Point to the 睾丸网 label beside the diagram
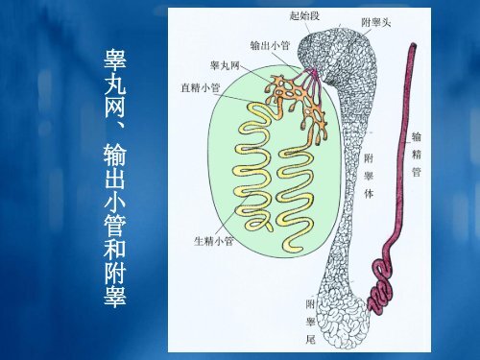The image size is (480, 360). point(226,65)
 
